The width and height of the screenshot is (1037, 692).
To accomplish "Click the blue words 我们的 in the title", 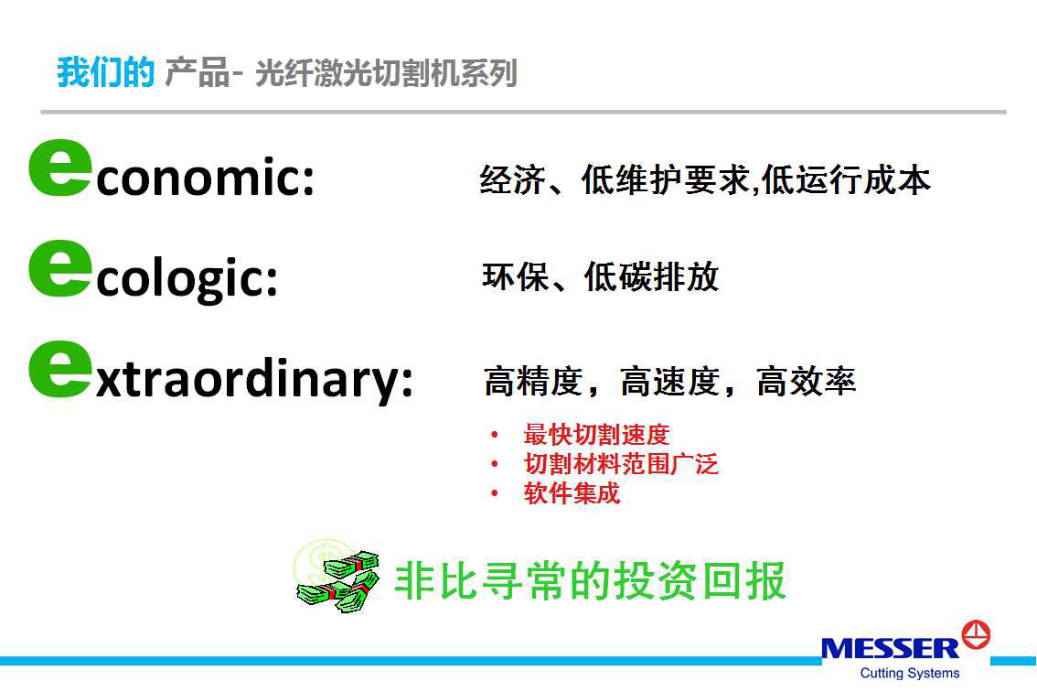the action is tap(106, 72).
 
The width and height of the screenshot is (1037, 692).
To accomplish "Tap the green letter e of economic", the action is tap(59, 168).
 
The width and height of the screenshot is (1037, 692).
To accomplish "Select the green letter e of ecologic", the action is tap(59, 268).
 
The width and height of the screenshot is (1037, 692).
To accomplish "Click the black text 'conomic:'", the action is tap(205, 177).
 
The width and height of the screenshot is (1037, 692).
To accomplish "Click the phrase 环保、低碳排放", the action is tap(601, 276).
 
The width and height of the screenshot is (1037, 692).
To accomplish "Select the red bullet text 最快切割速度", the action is tap(596, 435).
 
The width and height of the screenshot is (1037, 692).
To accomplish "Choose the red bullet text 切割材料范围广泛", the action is tap(621, 463).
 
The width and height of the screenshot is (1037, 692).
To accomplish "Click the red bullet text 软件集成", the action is tap(572, 492).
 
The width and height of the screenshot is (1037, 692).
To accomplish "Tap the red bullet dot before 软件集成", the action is tap(495, 493).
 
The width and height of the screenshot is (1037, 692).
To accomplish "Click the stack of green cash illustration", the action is tap(338, 578).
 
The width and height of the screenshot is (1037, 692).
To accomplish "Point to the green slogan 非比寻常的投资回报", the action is tap(590, 580).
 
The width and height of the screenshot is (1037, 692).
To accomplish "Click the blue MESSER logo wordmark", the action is tap(890, 648).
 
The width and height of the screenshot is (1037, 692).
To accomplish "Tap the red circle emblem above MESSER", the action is tap(976, 635).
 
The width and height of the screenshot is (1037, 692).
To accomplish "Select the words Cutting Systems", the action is tap(909, 673).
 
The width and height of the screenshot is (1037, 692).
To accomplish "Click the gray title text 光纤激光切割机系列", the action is tap(386, 73).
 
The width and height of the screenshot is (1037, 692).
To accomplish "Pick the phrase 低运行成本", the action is tap(846, 179).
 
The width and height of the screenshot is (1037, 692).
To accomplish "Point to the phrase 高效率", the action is tap(807, 382).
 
